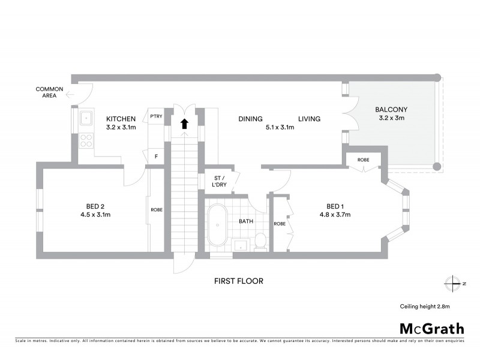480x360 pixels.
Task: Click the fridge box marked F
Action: (156, 157)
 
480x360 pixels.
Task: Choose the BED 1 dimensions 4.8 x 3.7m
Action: (335, 214)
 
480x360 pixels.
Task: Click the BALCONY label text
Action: (391, 110)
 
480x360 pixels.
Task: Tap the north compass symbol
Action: (452, 283)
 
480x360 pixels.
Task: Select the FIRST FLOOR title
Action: (239, 281)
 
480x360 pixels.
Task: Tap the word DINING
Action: (250, 119)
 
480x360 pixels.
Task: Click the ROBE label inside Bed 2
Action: (157, 209)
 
